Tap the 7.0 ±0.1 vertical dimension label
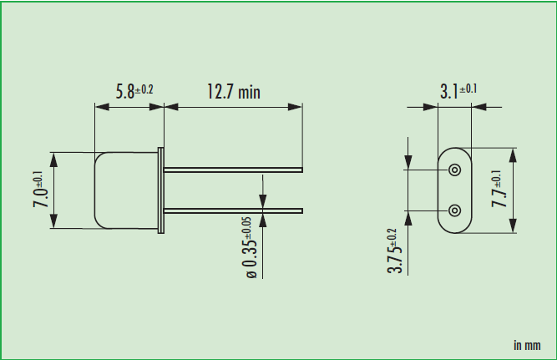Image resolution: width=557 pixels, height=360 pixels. [x=40, y=190]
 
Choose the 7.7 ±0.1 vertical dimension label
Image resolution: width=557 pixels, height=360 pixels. [x=499, y=190]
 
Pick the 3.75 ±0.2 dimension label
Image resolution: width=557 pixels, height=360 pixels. [x=395, y=251]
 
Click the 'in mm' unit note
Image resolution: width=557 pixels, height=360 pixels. [x=526, y=344]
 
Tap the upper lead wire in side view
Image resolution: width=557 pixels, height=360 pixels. [x=234, y=170]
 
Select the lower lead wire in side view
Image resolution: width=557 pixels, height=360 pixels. [x=234, y=209]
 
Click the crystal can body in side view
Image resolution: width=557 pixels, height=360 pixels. [x=127, y=190]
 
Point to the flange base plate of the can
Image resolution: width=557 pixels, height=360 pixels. [x=163, y=190]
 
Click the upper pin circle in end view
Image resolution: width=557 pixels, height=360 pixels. [x=454, y=170]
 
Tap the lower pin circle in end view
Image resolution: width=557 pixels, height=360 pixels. [x=454, y=210]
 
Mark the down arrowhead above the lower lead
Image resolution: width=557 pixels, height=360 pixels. [x=263, y=200]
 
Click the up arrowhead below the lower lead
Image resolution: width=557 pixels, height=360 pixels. [x=263, y=219]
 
